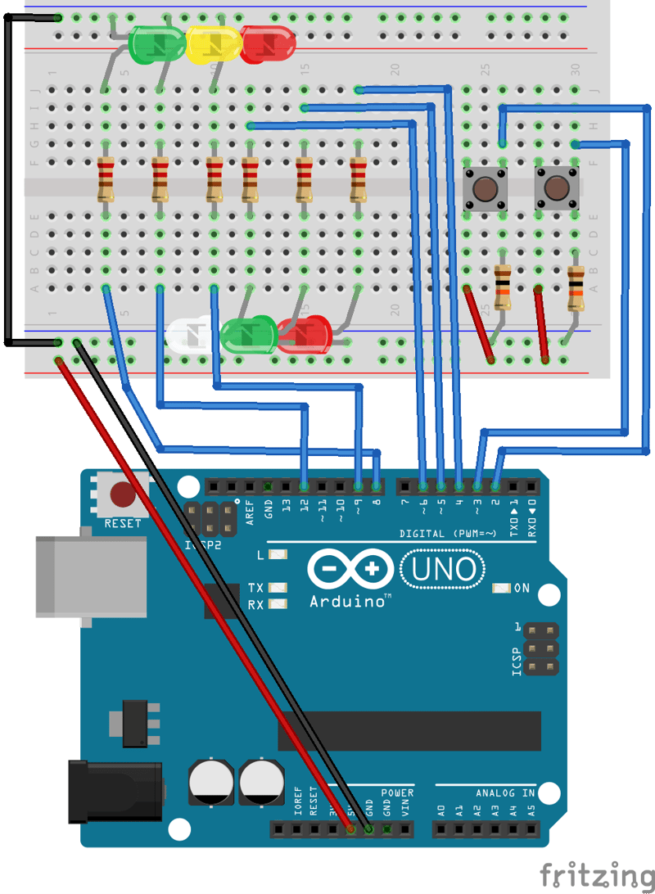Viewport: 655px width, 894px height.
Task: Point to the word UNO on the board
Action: [x=442, y=568]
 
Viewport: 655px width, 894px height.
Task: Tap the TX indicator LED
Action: [x=278, y=588]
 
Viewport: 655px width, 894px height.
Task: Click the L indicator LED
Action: [x=278, y=555]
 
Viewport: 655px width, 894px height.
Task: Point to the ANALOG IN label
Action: [x=505, y=793]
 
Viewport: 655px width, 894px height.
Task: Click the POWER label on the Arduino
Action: [x=397, y=793]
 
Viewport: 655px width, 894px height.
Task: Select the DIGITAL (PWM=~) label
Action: [x=448, y=534]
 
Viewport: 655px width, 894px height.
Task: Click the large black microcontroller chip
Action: [x=409, y=731]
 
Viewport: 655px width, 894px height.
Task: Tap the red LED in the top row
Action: [x=267, y=43]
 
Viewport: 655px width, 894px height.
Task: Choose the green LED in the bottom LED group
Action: [x=249, y=336]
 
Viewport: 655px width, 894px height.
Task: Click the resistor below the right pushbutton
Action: [x=576, y=289]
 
